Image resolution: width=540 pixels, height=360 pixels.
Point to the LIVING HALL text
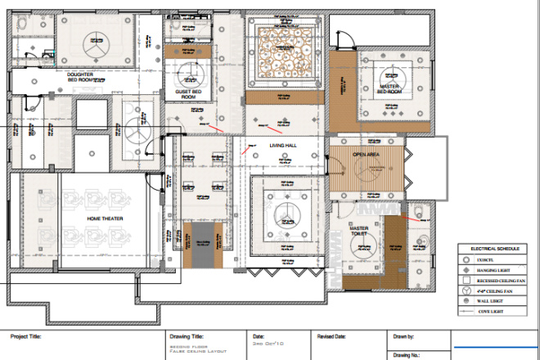[x=283, y=145]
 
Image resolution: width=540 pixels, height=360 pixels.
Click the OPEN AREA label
[x=367, y=154]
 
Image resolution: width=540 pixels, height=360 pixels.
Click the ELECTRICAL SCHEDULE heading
[x=495, y=247]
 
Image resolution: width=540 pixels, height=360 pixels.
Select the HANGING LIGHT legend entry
[x=498, y=268]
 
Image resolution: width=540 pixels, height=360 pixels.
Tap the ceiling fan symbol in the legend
[x=465, y=290]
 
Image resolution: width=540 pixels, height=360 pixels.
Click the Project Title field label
[x=25, y=335]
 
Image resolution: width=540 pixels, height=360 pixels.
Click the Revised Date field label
[x=332, y=335]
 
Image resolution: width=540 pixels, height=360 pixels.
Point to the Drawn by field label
[x=405, y=335]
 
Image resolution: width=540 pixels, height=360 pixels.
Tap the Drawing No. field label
[x=407, y=354]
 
